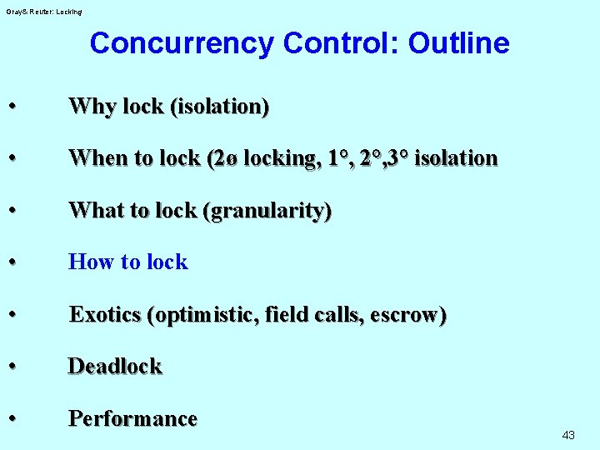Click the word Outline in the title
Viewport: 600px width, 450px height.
(x=458, y=43)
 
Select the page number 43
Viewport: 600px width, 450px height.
(x=569, y=435)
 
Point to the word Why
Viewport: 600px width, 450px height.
(x=92, y=107)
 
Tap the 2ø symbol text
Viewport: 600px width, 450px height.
(x=222, y=158)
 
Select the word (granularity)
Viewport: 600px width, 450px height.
(x=267, y=211)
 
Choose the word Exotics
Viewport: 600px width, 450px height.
(x=104, y=315)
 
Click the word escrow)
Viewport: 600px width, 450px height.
(x=408, y=315)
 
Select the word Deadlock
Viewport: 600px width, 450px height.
(x=115, y=367)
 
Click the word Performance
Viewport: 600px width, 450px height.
(x=132, y=418)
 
